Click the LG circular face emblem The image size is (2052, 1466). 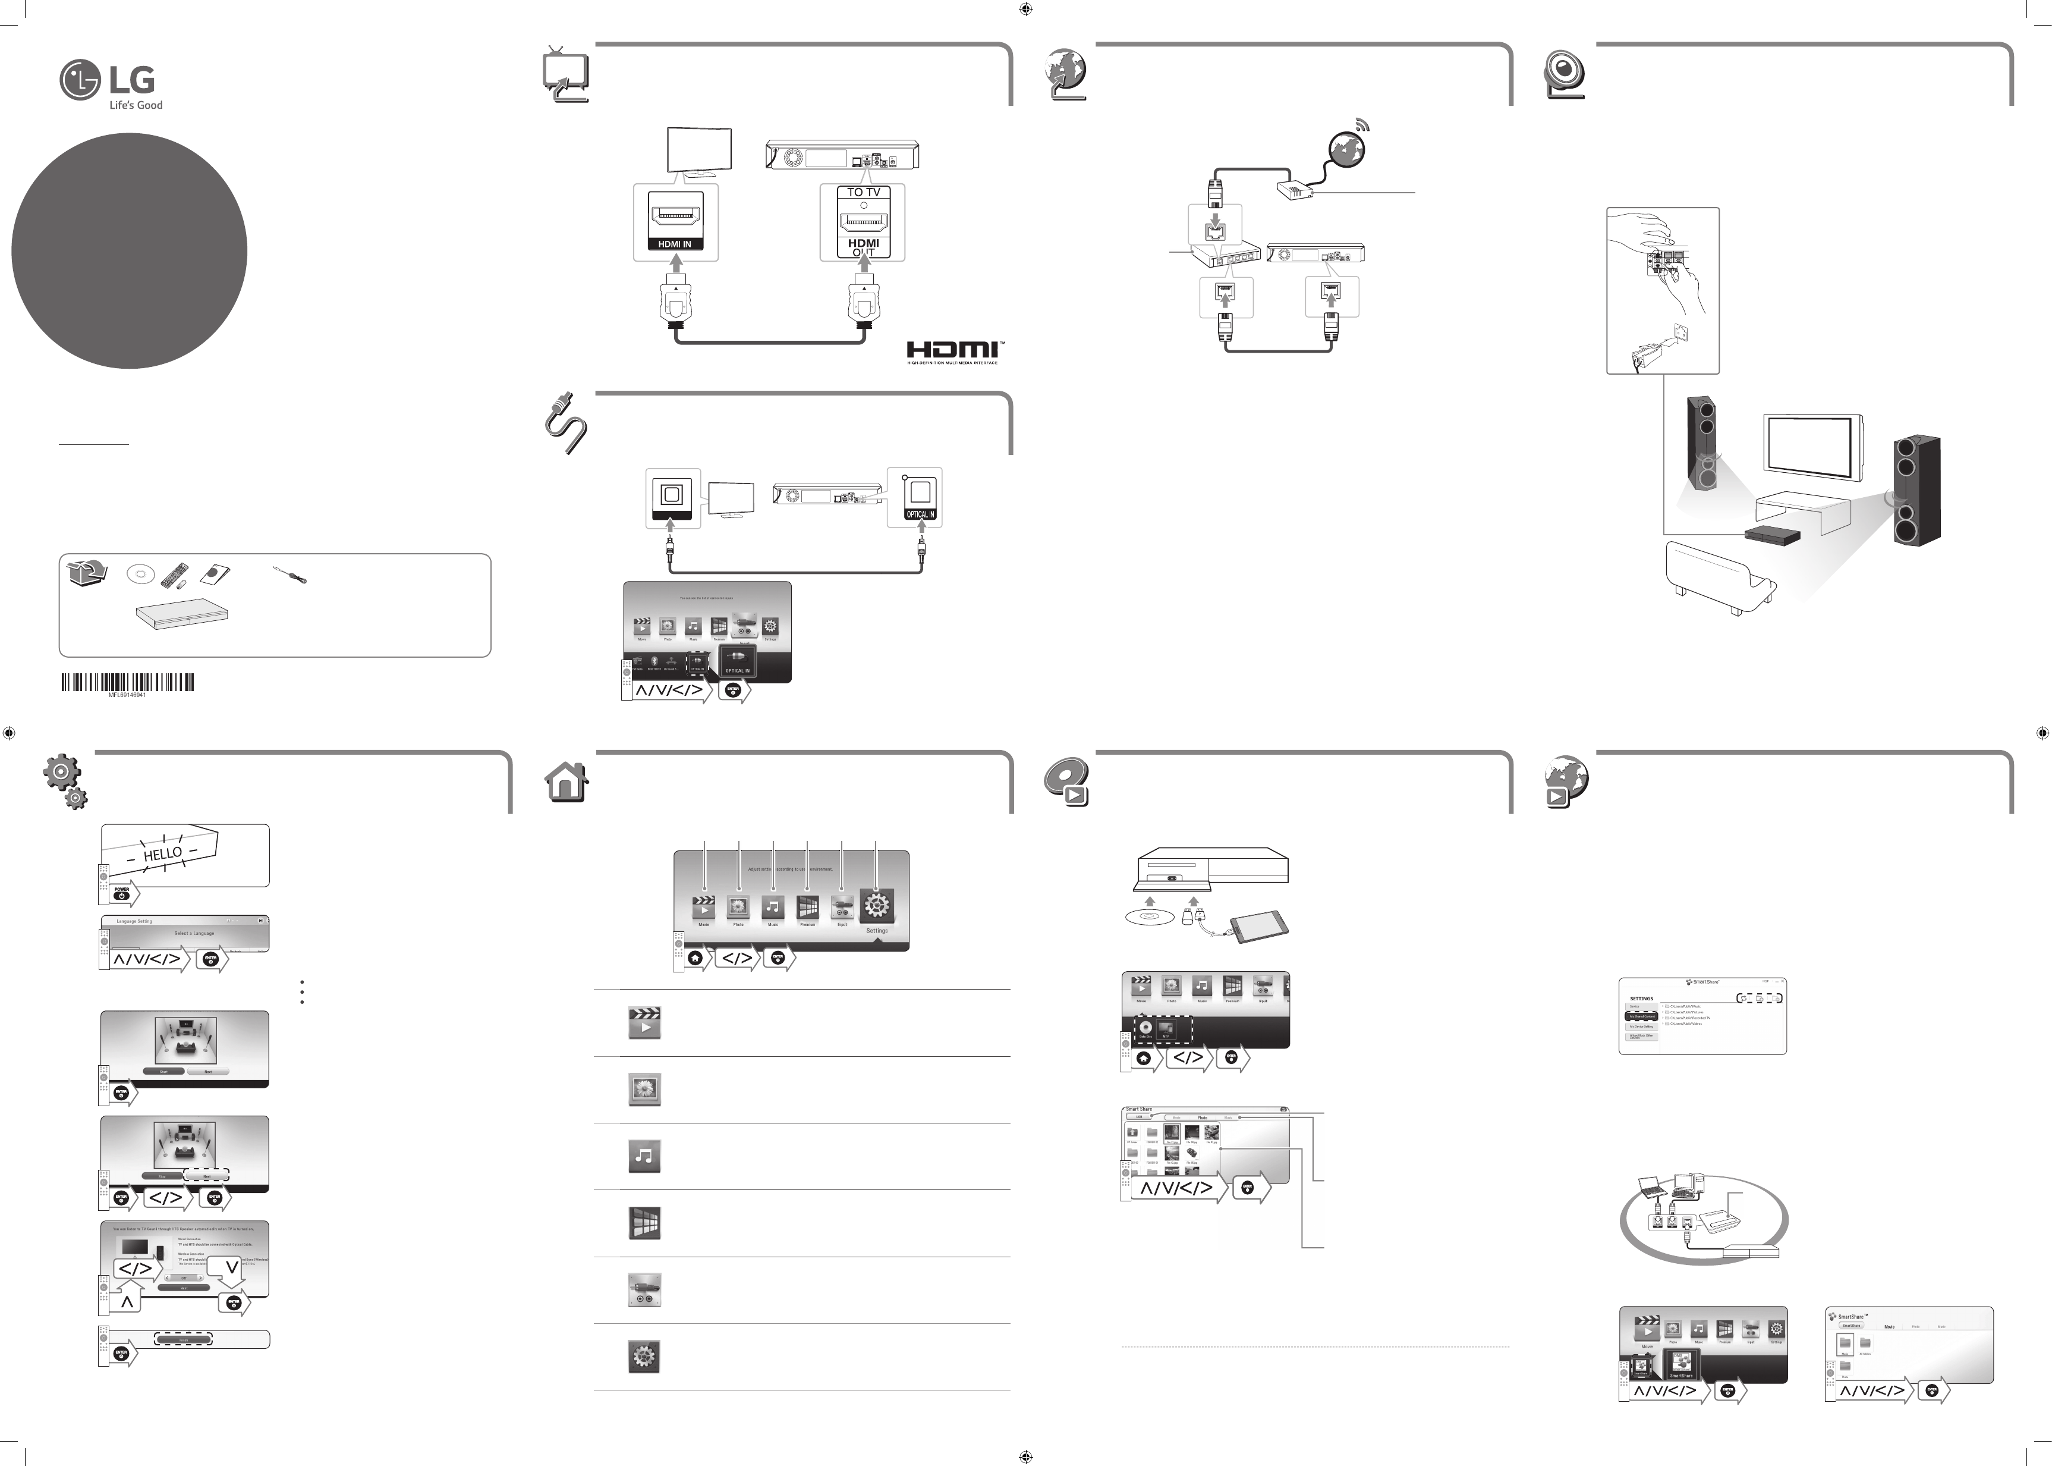coord(80,80)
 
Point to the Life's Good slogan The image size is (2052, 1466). coord(136,105)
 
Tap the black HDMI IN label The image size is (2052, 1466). coord(674,244)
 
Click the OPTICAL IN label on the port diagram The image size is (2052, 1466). coord(920,514)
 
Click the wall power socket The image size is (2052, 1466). coord(1679,336)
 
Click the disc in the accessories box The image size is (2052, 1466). coord(141,573)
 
